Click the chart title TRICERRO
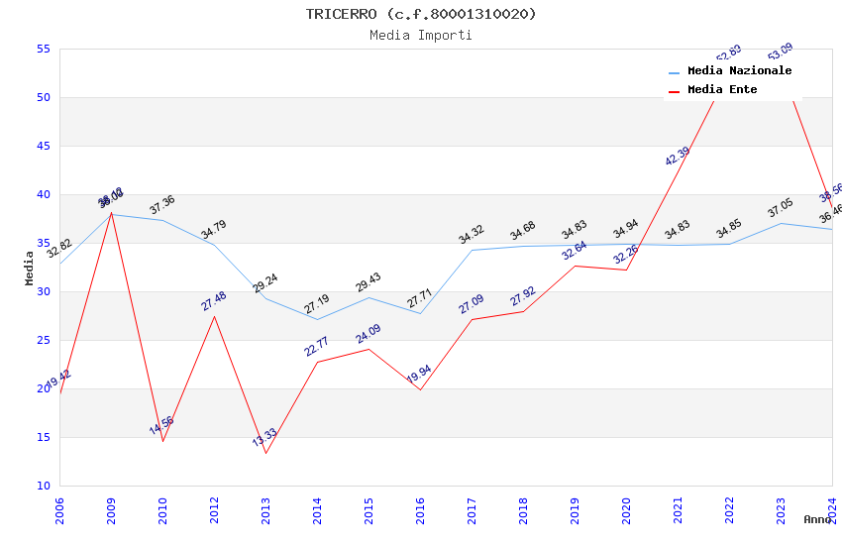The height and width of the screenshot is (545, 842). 421,14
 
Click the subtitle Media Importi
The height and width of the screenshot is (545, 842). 421,36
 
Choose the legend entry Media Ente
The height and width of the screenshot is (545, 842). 721,90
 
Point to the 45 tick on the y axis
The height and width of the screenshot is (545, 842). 43,146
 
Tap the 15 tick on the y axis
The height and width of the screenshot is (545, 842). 43,437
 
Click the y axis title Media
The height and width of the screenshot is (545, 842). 30,268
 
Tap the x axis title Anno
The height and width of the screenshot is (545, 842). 817,519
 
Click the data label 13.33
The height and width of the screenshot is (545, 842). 264,438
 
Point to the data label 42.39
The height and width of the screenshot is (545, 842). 678,156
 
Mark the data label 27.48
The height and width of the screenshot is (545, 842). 214,300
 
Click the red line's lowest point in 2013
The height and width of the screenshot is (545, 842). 265,453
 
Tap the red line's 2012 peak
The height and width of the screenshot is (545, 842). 214,316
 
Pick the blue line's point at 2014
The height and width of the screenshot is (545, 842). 317,319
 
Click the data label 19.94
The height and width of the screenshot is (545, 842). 419,375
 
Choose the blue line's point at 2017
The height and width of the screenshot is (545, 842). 472,250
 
